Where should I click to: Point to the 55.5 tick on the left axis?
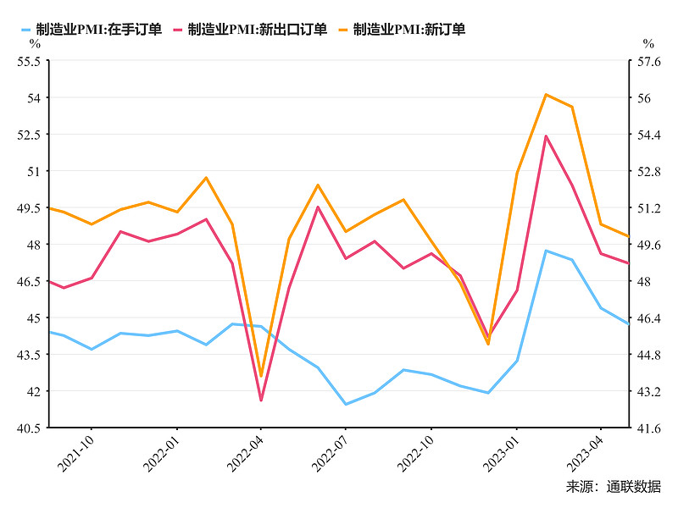[28, 61]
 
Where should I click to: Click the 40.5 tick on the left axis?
[28, 428]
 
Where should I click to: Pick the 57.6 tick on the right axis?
[648, 61]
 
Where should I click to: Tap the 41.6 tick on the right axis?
[648, 428]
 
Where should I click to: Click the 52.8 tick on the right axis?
[648, 171]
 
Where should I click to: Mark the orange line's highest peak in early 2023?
[546, 94]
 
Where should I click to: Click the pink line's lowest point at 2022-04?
[261, 400]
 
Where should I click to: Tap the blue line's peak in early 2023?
[546, 251]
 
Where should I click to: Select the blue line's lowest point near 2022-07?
[346, 404]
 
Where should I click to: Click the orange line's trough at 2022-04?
[261, 376]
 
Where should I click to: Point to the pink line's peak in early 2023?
[546, 135]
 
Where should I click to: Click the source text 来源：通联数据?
[613, 487]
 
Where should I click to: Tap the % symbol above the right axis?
[648, 43]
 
